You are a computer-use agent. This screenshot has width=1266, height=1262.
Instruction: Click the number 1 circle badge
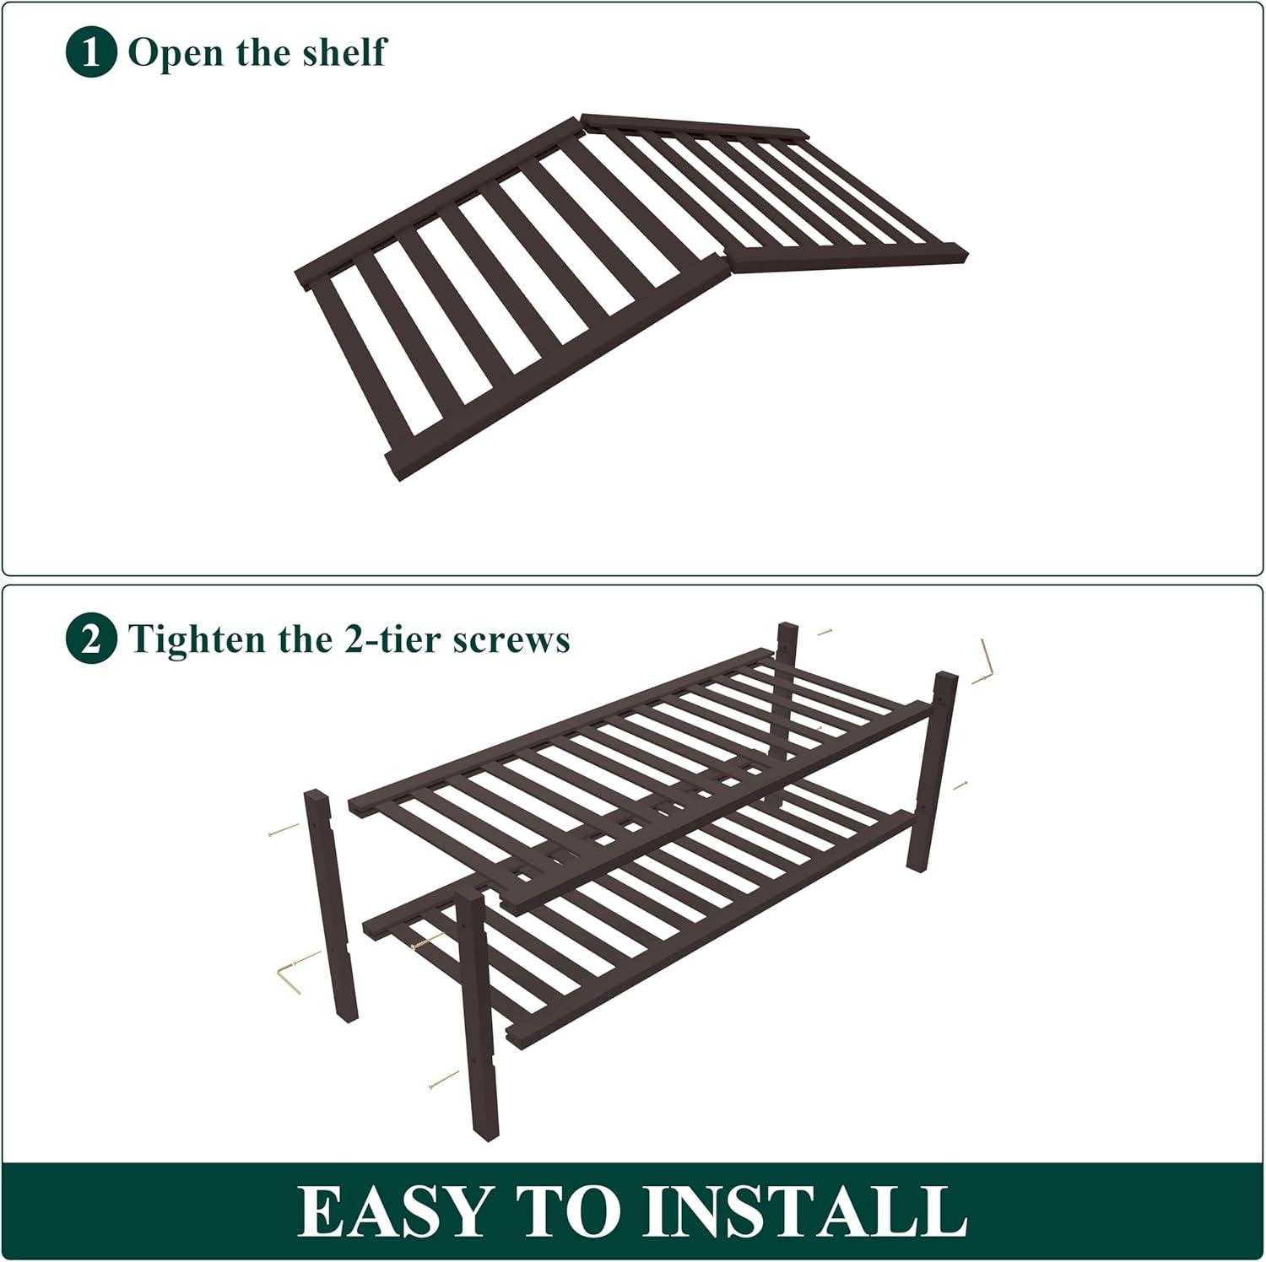(x=90, y=52)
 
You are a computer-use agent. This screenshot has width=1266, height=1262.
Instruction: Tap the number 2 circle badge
(x=90, y=639)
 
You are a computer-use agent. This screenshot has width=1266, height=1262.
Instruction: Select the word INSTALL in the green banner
(x=811, y=1211)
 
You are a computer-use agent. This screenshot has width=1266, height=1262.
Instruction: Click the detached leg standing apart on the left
(x=331, y=907)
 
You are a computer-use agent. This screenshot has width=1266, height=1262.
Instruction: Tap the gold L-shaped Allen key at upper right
(x=983, y=661)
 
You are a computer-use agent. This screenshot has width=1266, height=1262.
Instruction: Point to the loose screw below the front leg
(x=444, y=1079)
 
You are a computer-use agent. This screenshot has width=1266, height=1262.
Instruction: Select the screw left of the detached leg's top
(x=284, y=830)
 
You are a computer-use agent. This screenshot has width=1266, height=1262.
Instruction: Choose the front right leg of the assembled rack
(x=932, y=772)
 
